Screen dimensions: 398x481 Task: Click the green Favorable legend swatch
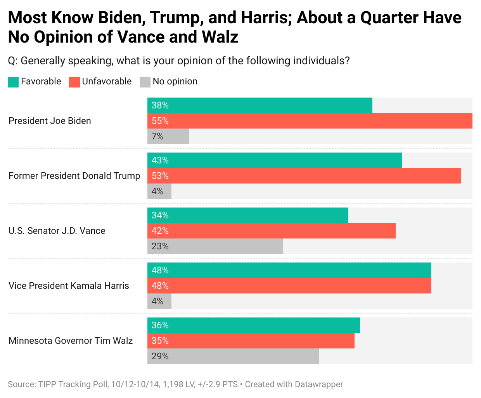(x=13, y=82)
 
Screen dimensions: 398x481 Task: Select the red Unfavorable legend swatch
(x=74, y=82)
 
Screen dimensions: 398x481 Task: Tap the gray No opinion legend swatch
(x=145, y=82)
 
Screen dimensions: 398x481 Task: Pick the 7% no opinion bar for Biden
(x=168, y=136)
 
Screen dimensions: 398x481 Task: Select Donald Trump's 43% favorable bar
(x=274, y=160)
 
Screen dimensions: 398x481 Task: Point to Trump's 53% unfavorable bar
(x=304, y=176)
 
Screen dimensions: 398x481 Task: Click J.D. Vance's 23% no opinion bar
(x=215, y=246)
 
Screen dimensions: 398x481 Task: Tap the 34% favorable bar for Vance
(x=247, y=215)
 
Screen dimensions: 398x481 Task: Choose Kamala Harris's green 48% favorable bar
(x=289, y=270)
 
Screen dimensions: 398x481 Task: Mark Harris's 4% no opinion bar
(x=159, y=301)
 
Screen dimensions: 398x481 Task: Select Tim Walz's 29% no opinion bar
(x=233, y=356)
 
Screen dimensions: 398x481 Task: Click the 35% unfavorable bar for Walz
(x=251, y=341)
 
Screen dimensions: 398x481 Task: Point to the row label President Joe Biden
(x=50, y=121)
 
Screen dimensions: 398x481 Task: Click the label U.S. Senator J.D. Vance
(x=57, y=231)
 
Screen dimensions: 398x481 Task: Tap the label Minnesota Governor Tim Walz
(x=71, y=341)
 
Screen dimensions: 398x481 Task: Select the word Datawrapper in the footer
(x=319, y=384)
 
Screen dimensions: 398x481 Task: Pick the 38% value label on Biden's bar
(x=160, y=105)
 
